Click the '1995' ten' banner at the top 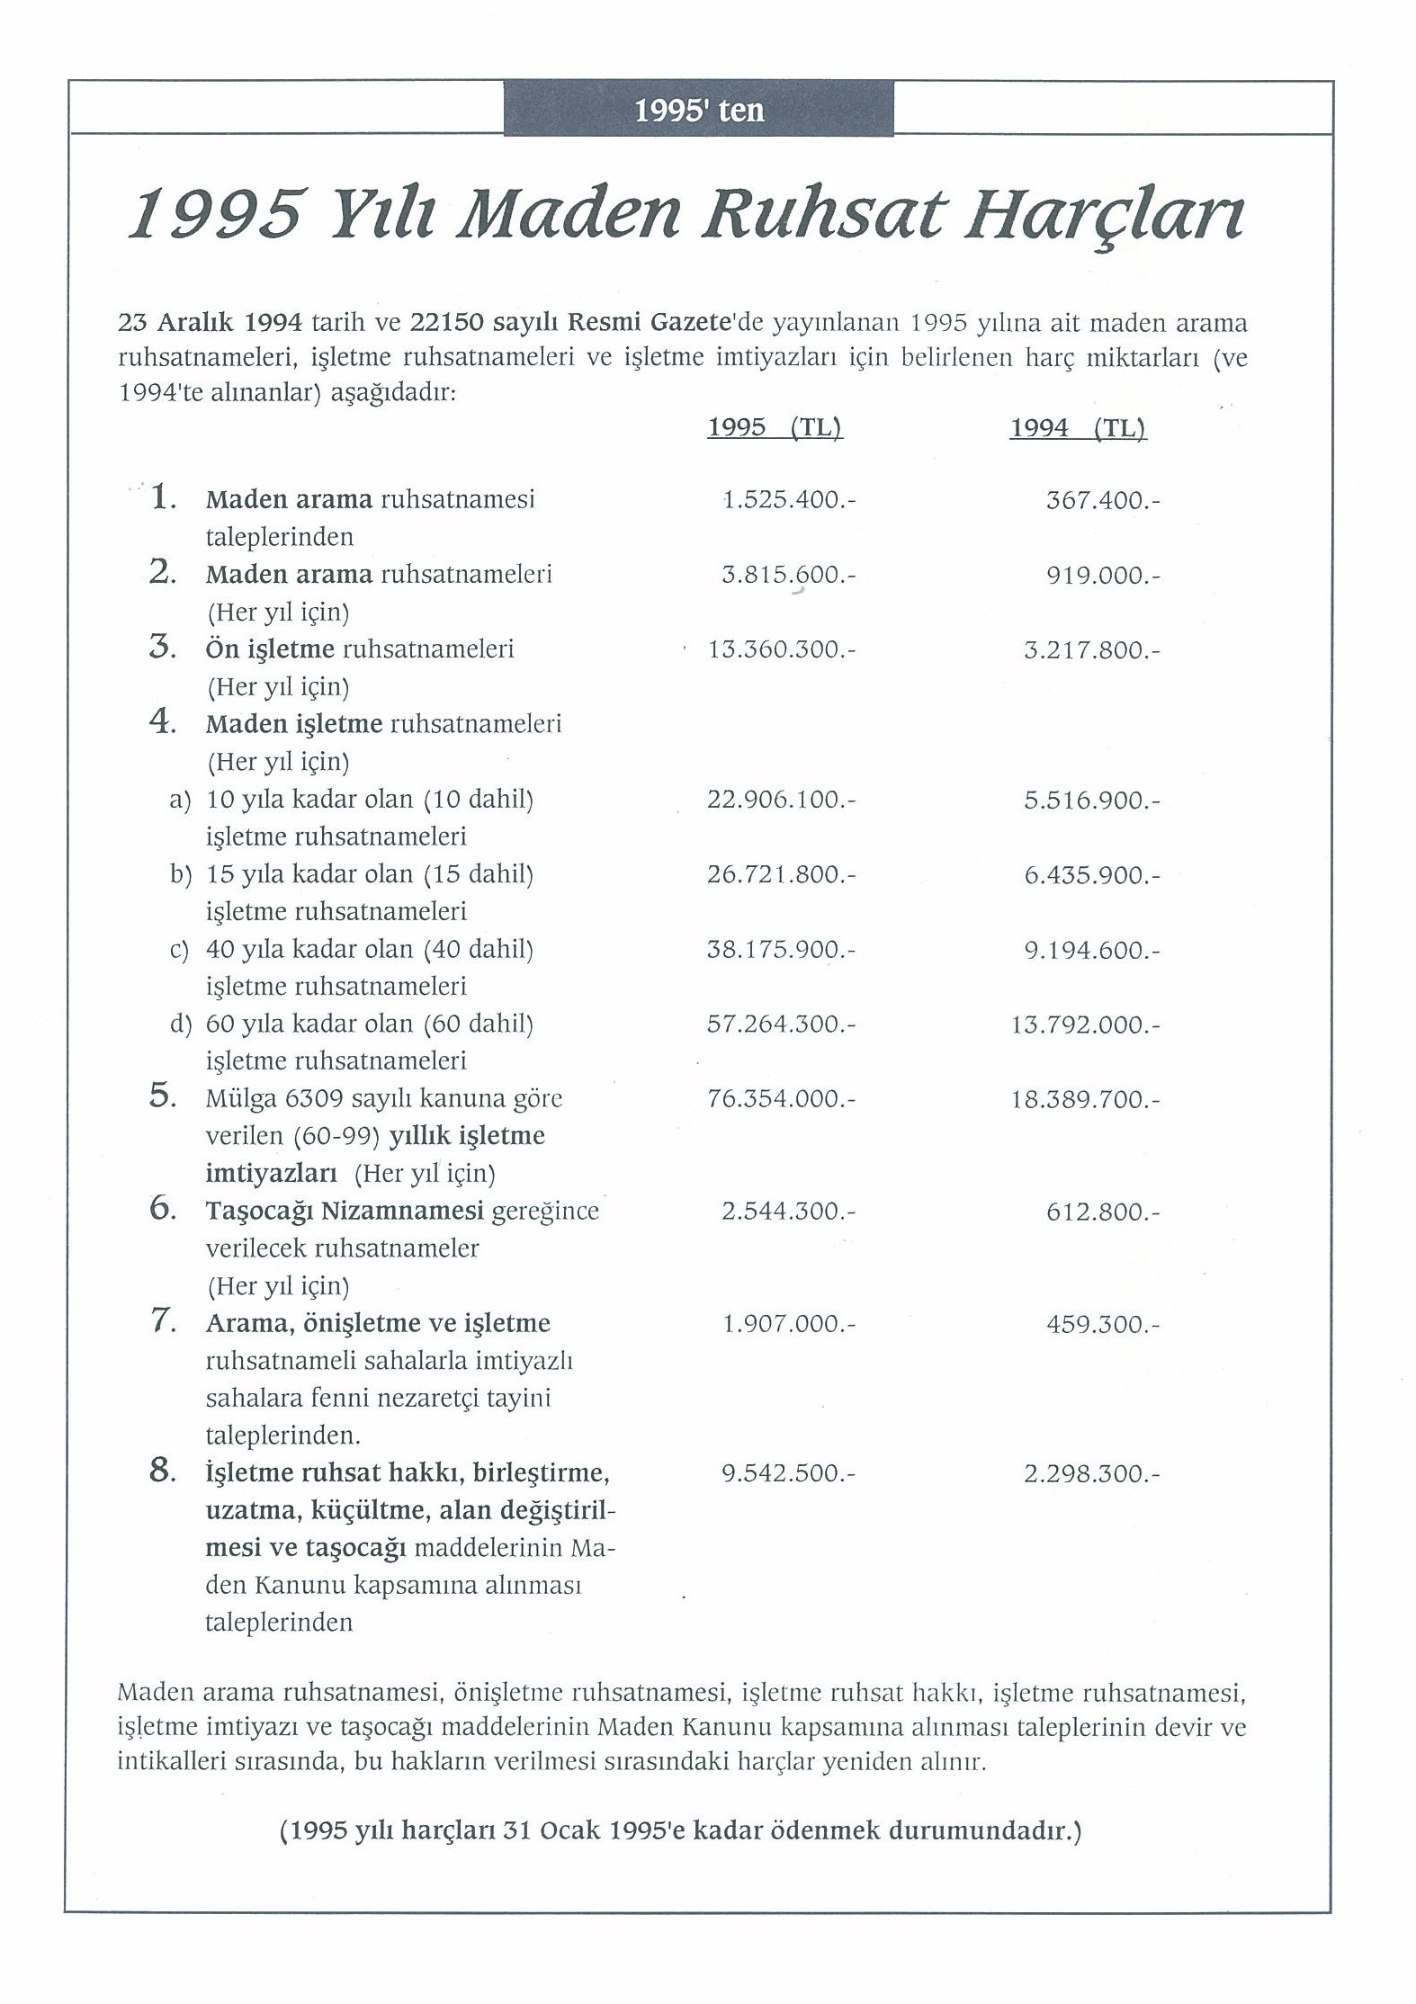699,110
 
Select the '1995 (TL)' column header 775,427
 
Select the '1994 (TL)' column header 1078,427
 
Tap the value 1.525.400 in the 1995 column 788,500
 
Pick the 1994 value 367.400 1102,500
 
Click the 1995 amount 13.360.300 781,649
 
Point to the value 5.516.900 1091,800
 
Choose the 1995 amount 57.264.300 780,1024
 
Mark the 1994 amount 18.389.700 1085,1099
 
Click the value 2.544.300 787,1212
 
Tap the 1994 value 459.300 1102,1324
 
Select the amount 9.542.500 787,1473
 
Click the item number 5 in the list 162,1096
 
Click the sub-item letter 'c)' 180,950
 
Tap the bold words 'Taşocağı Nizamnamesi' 345,1212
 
